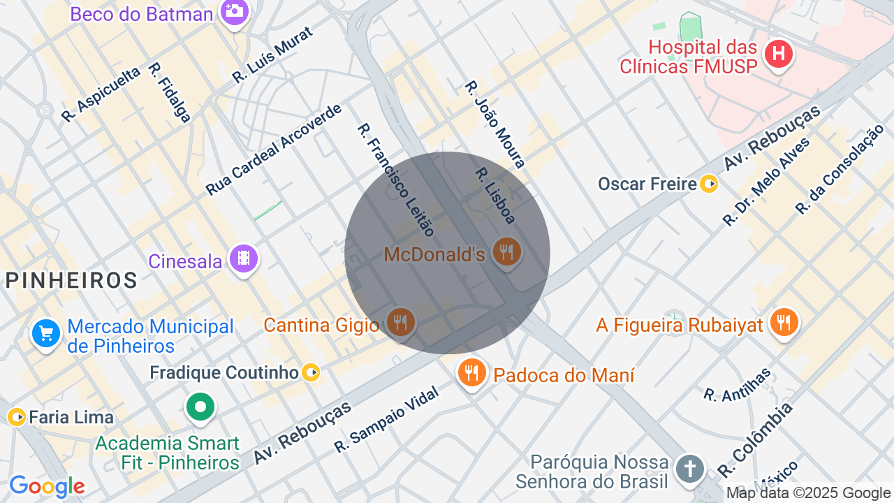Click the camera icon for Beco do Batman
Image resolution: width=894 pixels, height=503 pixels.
click(235, 11)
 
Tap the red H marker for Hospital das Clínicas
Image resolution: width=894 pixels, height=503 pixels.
click(778, 54)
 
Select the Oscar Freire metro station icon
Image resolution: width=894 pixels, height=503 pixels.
click(709, 184)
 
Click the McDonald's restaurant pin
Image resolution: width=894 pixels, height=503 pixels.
click(506, 252)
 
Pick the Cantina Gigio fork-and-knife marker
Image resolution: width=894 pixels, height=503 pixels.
click(400, 322)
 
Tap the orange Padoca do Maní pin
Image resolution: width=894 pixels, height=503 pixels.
click(472, 372)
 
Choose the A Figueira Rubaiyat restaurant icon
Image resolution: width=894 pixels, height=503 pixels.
click(784, 322)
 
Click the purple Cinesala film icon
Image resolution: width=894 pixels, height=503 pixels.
click(243, 259)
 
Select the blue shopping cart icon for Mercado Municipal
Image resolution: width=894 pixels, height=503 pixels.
click(46, 333)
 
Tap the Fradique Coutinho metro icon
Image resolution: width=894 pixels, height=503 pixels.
click(312, 373)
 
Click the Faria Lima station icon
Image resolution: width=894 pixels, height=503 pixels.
click(17, 417)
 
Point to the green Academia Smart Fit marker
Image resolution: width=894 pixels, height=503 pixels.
click(200, 406)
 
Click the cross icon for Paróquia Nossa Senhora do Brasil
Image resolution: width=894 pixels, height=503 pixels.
click(689, 469)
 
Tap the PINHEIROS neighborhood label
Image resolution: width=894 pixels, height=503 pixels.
click(71, 281)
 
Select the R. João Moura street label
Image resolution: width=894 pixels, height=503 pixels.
click(494, 124)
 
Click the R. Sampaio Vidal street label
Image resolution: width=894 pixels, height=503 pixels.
click(386, 420)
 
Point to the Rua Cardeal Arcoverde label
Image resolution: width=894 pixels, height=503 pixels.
click(274, 150)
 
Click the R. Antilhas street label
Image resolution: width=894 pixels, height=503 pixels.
click(738, 384)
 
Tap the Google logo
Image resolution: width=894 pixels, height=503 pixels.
click(47, 486)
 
